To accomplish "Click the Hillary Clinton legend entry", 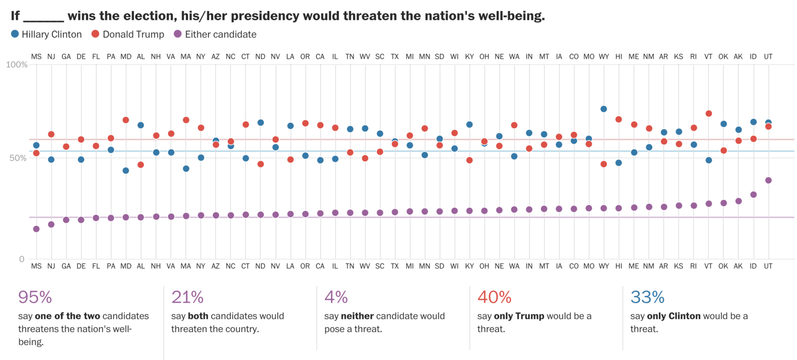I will point(46,34).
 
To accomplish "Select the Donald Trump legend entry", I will point(128,34).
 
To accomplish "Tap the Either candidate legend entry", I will point(215,34).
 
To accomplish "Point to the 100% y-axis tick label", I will point(16,65).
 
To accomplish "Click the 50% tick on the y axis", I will point(18,158).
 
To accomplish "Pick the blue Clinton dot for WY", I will point(604,109).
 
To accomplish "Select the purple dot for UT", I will point(768,180).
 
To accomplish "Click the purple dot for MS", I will point(36,229).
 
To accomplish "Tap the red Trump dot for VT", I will point(708,114).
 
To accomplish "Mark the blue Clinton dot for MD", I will point(126,171).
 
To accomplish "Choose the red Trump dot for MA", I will point(186,120).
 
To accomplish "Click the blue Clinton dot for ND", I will point(261,122).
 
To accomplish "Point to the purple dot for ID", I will point(753,195).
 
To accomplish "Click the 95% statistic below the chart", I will point(35,297).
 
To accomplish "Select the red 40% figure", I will point(494,297).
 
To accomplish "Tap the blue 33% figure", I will point(647,297).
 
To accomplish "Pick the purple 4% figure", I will point(336,297).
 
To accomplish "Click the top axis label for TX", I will point(395,57).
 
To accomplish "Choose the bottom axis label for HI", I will point(619,266).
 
